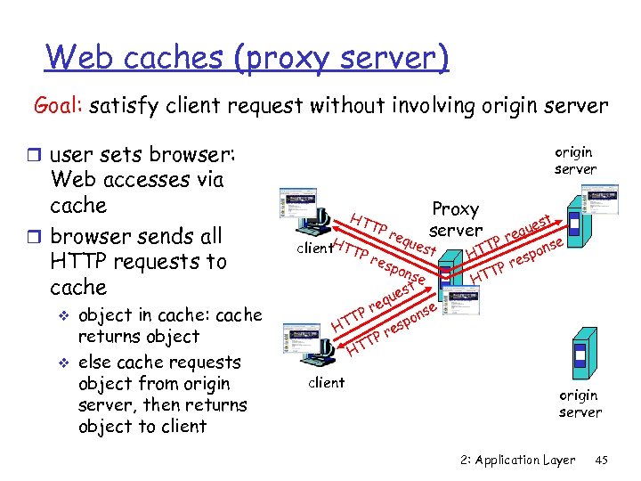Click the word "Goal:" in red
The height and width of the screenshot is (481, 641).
60,106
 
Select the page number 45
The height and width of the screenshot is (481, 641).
601,460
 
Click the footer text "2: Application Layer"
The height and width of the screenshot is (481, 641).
517,460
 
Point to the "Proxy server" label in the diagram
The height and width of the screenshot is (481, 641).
455,219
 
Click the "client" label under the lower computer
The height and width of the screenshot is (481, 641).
326,383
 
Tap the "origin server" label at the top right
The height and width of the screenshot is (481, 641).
575,161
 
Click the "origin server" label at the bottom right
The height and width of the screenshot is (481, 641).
580,404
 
